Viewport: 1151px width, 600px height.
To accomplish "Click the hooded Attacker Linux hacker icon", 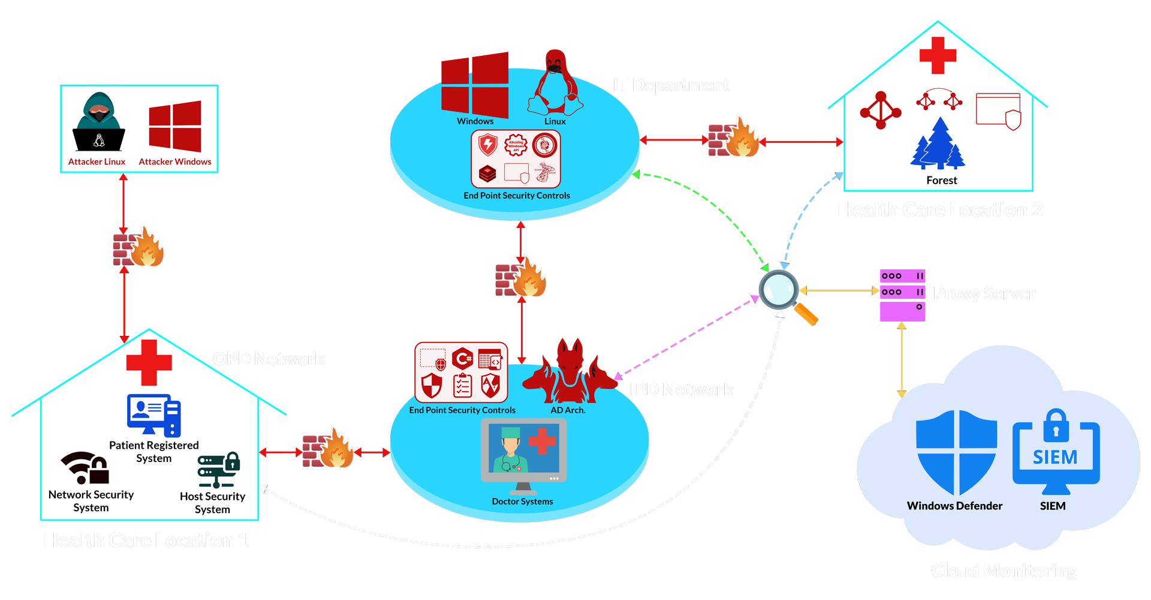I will coord(99,123).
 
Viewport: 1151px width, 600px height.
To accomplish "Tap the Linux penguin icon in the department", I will coord(555,84).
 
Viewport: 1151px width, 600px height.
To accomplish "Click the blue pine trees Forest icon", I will coord(938,145).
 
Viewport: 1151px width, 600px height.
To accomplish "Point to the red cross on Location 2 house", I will coord(938,55).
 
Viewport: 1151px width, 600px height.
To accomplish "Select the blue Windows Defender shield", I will coord(956,451).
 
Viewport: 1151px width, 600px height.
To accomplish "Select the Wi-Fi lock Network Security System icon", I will coord(86,469).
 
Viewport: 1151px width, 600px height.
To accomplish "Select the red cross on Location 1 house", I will coord(149,362).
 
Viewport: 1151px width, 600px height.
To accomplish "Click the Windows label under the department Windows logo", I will coord(475,121).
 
